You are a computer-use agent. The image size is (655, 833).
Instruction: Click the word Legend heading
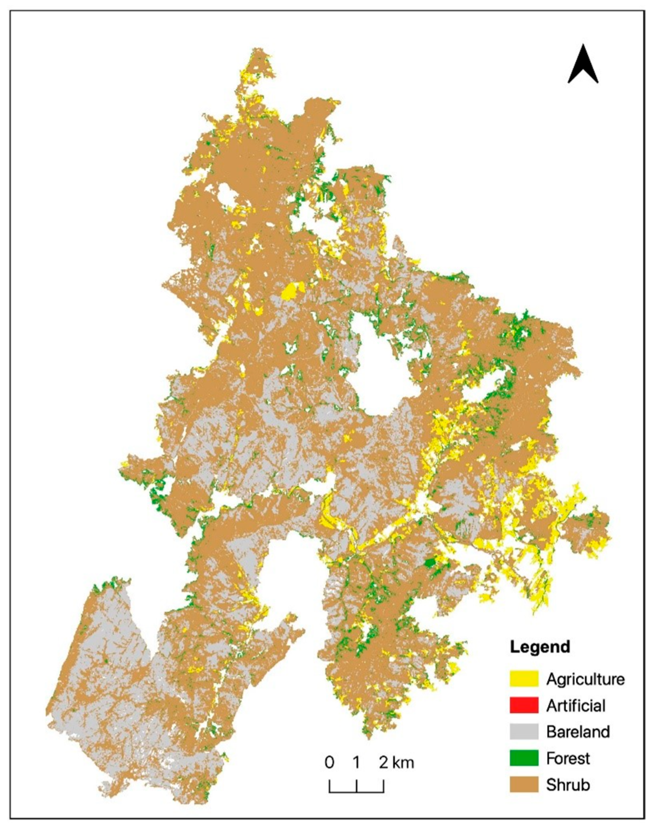[540, 646]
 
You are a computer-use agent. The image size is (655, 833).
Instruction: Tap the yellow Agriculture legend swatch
[524, 679]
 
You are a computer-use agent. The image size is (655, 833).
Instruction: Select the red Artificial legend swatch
[524, 705]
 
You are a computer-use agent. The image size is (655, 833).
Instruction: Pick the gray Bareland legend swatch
[524, 732]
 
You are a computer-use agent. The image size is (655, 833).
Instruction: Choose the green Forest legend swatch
[524, 758]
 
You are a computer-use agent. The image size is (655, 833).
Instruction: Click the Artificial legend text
[576, 705]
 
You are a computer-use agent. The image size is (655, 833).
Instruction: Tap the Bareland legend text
[578, 732]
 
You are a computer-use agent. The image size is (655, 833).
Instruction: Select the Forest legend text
[568, 758]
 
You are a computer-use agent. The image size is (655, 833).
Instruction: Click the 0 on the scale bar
[330, 763]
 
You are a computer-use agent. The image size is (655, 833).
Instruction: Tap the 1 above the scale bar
[357, 763]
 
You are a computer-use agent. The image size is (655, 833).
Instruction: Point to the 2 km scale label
[397, 763]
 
